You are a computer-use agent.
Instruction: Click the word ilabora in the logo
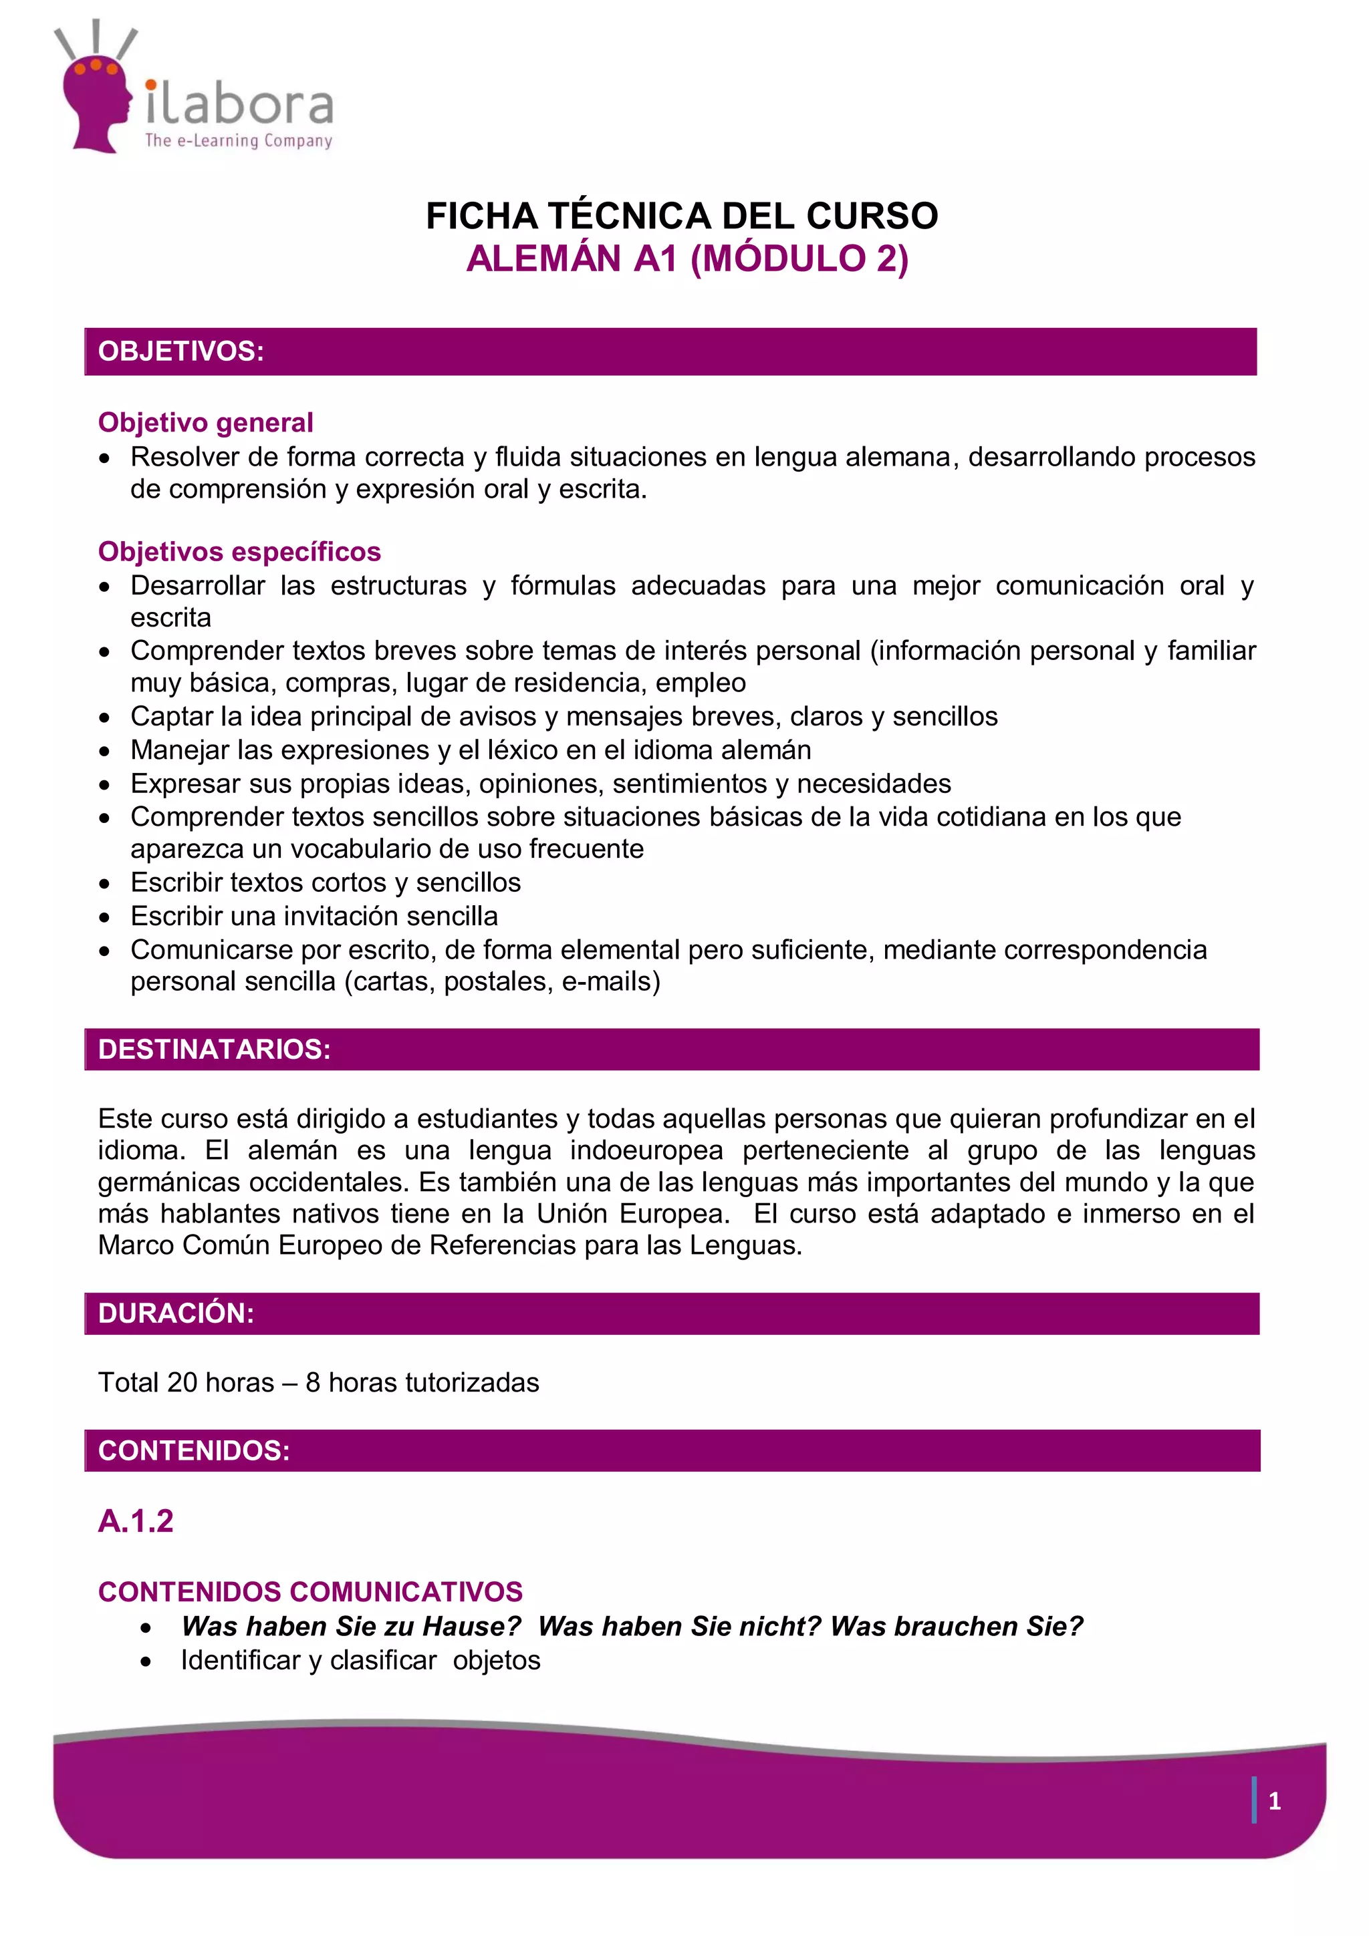(x=239, y=102)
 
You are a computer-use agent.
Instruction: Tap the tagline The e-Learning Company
(x=239, y=141)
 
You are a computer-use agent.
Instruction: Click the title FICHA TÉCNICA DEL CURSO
(x=682, y=216)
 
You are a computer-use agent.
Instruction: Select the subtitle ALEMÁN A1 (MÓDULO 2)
(x=687, y=258)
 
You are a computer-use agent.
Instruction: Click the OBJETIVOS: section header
(x=181, y=351)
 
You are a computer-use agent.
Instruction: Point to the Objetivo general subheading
(x=205, y=422)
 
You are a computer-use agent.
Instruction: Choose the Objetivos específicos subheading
(x=239, y=551)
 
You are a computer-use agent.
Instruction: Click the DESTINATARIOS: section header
(x=215, y=1049)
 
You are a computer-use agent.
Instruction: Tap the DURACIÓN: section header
(x=176, y=1313)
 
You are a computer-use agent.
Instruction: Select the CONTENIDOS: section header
(x=194, y=1450)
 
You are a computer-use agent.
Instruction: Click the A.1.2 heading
(x=136, y=1520)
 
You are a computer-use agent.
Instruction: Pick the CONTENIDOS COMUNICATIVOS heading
(x=310, y=1591)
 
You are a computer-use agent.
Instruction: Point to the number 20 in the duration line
(x=182, y=1383)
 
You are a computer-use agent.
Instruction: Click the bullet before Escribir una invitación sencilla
(x=104, y=917)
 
